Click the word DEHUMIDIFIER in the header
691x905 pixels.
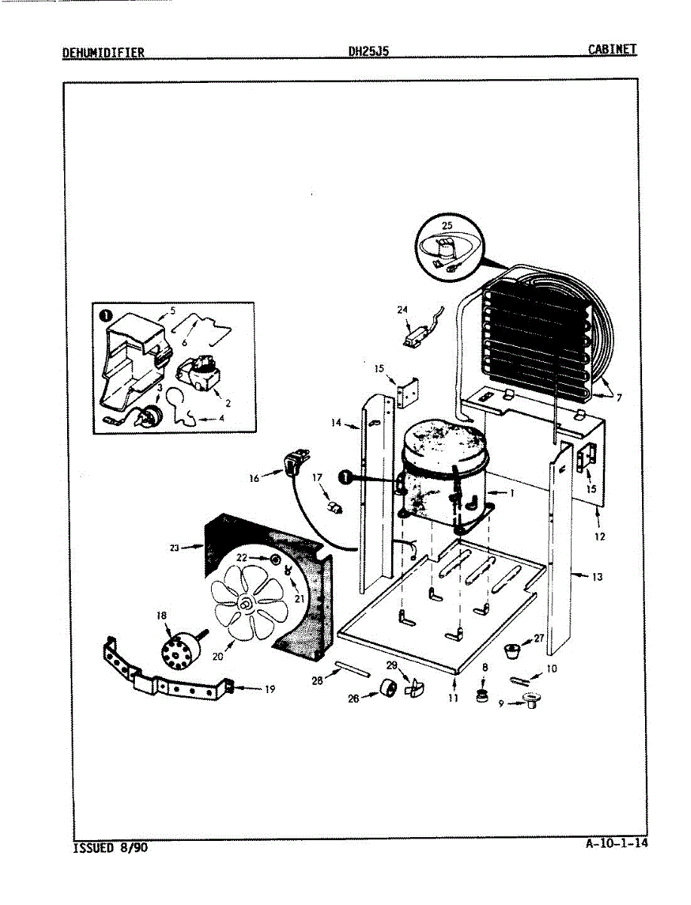[x=103, y=52]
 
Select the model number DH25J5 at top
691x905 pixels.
[x=368, y=52]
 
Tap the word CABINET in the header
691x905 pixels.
[x=612, y=50]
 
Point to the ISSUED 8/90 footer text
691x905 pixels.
[x=110, y=848]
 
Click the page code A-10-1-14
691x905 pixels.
[x=616, y=844]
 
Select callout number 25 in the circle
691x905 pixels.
[x=447, y=225]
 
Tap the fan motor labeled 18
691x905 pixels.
[x=181, y=648]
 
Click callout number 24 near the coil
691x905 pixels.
[x=402, y=309]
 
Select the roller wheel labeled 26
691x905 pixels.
[x=388, y=688]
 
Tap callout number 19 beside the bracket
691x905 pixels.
[x=271, y=688]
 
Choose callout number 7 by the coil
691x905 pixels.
[x=619, y=397]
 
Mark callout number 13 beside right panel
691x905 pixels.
[x=598, y=577]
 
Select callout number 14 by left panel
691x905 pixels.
[x=335, y=423]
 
